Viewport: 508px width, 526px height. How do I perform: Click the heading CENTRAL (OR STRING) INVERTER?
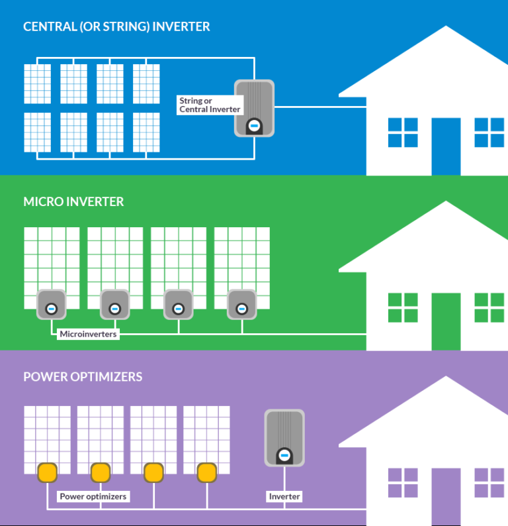pyautogui.click(x=116, y=27)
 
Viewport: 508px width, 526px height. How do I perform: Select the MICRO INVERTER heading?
pyautogui.click(x=73, y=201)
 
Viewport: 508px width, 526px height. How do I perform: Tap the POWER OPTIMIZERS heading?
pyautogui.click(x=83, y=377)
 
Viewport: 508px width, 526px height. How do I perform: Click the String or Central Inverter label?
pyautogui.click(x=210, y=105)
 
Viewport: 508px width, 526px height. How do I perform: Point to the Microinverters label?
pyautogui.click(x=88, y=334)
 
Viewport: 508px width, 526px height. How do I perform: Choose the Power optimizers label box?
pyautogui.click(x=93, y=496)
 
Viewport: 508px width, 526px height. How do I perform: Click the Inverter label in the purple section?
pyautogui.click(x=284, y=496)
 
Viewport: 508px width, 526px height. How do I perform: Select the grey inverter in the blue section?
pyautogui.click(x=254, y=108)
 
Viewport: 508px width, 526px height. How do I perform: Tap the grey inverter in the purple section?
pyautogui.click(x=284, y=438)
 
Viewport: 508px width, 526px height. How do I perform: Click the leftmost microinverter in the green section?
pyautogui.click(x=51, y=304)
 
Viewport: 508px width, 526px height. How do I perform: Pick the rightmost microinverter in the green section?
pyautogui.click(x=241, y=304)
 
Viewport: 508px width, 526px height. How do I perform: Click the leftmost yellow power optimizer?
pyautogui.click(x=48, y=472)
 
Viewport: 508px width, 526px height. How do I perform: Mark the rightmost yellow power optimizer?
pyautogui.click(x=206, y=472)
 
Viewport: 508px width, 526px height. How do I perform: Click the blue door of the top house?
pyautogui.click(x=446, y=146)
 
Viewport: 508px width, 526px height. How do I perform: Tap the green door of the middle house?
pyautogui.click(x=446, y=321)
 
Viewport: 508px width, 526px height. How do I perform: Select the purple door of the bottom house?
pyautogui.click(x=446, y=497)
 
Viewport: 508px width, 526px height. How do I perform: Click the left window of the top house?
pyautogui.click(x=403, y=132)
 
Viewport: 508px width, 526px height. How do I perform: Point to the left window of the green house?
pyautogui.click(x=403, y=307)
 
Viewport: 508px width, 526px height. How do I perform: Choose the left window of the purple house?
pyautogui.click(x=403, y=483)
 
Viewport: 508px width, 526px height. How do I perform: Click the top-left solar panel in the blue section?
pyautogui.click(x=38, y=83)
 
